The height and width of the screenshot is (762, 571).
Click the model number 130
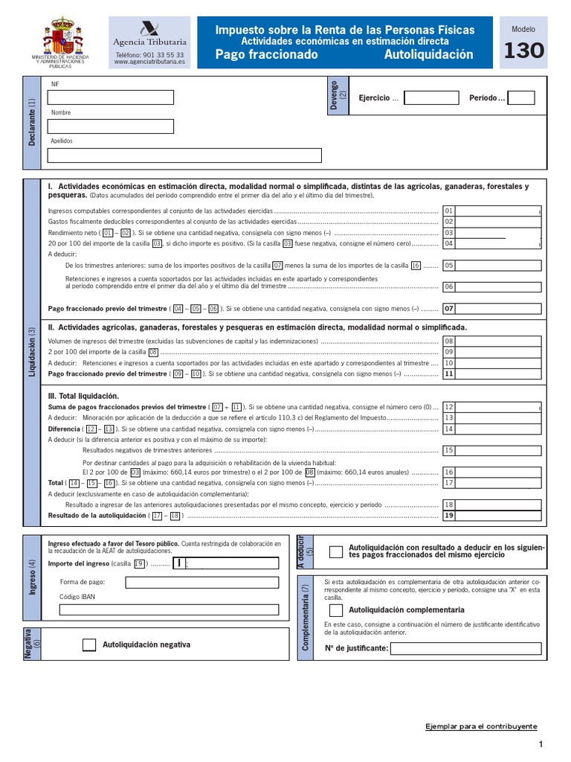click(x=523, y=51)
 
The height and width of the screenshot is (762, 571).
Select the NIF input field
click(x=110, y=97)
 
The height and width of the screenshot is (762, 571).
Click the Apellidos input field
click(x=184, y=155)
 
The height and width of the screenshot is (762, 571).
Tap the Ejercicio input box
click(x=431, y=98)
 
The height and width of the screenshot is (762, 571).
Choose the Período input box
click(x=520, y=98)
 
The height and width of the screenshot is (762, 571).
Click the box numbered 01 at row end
click(x=448, y=211)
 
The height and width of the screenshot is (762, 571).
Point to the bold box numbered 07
click(x=448, y=308)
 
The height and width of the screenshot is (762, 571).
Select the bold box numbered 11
click(x=448, y=374)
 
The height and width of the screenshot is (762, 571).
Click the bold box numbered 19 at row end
click(x=448, y=515)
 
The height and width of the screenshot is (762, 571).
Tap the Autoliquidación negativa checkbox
click(x=89, y=645)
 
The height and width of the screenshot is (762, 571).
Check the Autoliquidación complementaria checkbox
click(x=336, y=610)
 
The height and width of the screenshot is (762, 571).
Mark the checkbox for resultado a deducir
click(x=336, y=551)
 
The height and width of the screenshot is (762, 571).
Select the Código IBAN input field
click(x=170, y=609)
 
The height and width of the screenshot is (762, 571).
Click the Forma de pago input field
click(x=202, y=582)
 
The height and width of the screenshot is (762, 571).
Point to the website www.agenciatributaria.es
click(x=150, y=63)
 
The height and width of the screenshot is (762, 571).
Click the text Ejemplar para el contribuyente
click(x=480, y=726)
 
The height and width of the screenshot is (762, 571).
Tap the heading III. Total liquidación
click(x=83, y=396)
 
